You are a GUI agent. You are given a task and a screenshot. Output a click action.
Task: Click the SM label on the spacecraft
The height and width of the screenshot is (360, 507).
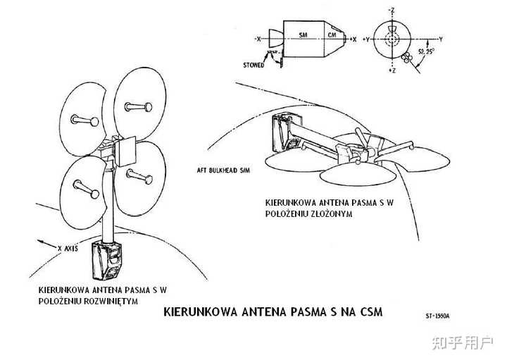(303, 35)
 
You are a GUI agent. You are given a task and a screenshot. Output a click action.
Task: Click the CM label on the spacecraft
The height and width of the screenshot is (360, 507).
(332, 35)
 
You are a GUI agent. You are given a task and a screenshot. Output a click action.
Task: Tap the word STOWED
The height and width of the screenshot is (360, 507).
(254, 65)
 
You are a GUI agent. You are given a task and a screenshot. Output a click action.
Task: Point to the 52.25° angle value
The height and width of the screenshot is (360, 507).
(426, 51)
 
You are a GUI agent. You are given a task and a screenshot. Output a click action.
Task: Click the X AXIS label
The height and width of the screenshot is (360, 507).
(68, 249)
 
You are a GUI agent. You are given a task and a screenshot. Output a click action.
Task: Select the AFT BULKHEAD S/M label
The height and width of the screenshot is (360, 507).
(223, 170)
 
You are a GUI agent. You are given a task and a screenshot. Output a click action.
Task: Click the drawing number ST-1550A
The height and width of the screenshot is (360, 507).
(437, 316)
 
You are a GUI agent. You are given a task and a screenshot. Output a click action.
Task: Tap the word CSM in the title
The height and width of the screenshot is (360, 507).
(372, 312)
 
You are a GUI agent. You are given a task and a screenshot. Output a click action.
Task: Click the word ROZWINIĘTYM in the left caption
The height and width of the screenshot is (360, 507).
(111, 301)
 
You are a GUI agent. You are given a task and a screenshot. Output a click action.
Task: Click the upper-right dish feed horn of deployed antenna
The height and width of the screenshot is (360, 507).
(139, 106)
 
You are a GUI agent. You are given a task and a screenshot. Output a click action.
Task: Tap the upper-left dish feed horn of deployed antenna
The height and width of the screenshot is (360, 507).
(84, 120)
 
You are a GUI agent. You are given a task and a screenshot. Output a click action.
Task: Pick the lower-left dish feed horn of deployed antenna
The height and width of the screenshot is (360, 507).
(87, 189)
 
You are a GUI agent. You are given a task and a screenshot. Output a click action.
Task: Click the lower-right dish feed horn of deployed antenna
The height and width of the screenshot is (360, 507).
(139, 176)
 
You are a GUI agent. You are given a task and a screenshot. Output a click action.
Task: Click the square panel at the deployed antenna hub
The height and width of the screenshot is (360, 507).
(125, 151)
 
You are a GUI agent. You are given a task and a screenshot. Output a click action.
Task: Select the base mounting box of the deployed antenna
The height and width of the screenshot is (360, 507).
(107, 261)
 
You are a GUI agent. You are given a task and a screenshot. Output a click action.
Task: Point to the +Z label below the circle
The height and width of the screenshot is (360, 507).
(392, 70)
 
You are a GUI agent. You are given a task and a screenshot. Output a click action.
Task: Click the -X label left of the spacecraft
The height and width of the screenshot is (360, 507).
(258, 39)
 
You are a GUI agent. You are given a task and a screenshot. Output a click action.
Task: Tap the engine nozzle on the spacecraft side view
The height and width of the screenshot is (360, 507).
(276, 38)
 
